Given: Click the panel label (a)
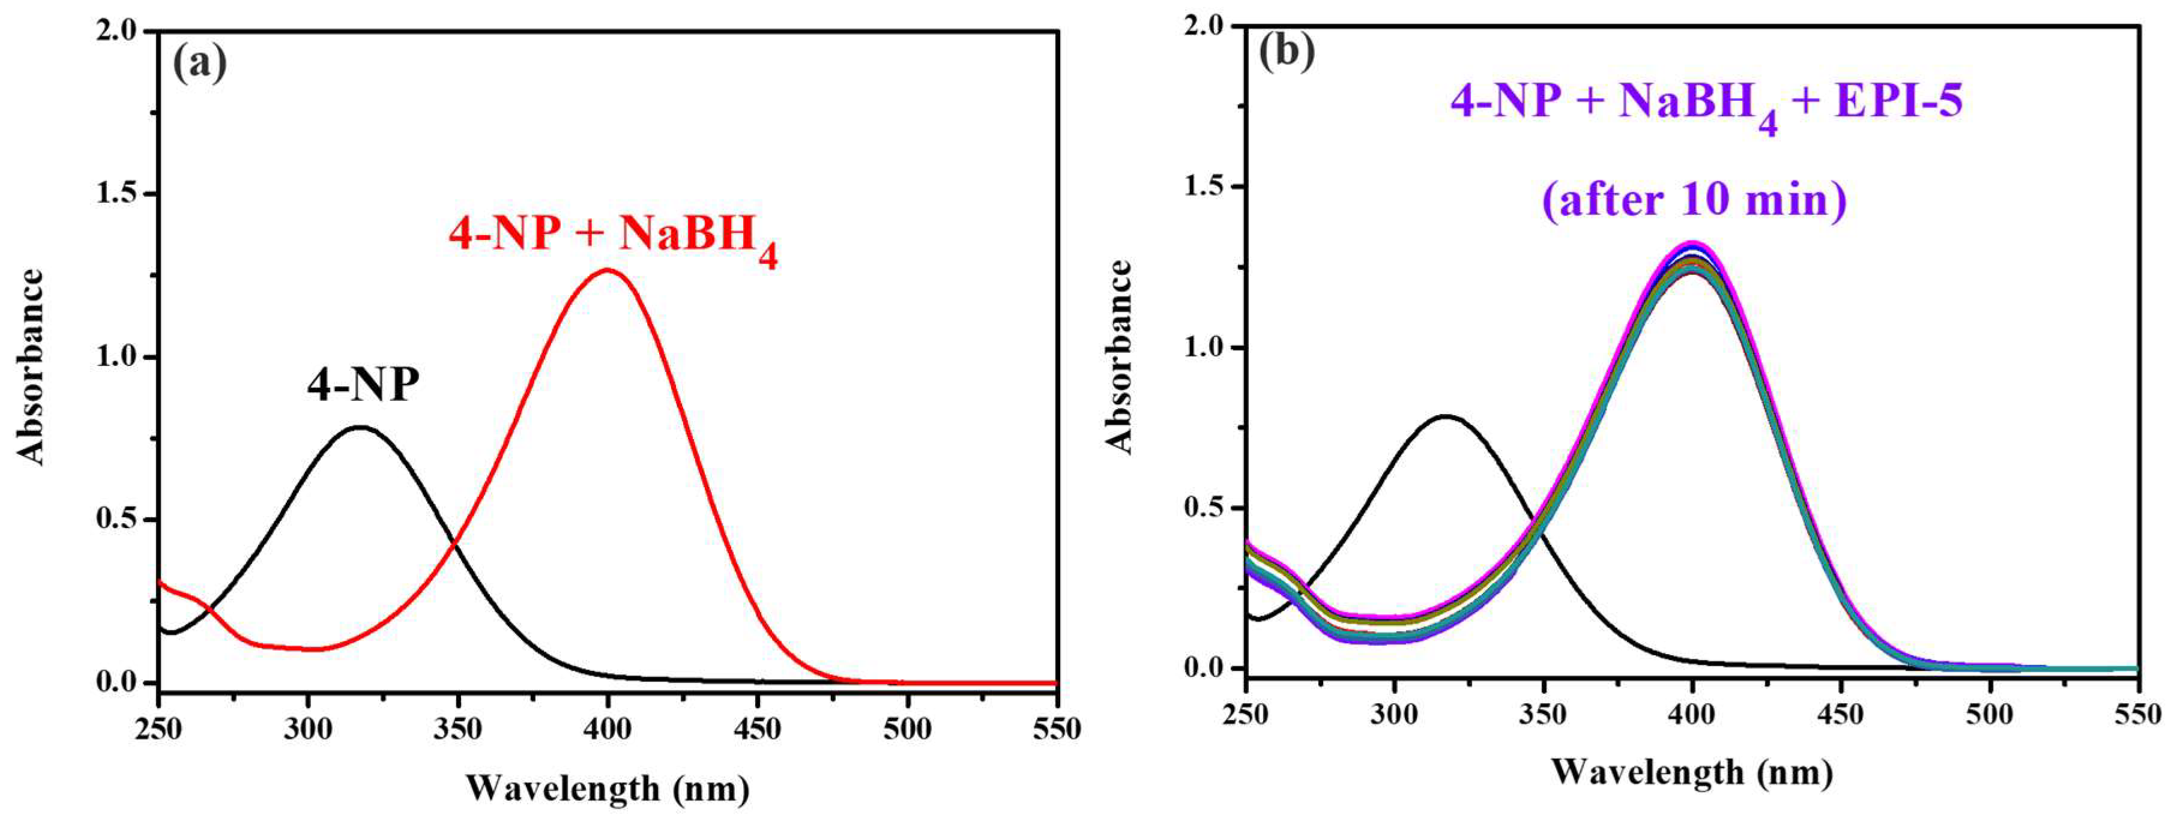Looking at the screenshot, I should [x=200, y=63].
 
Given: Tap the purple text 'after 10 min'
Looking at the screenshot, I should [x=1694, y=200].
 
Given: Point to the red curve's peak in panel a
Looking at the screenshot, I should [x=607, y=271].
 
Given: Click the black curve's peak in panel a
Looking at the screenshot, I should [x=360, y=427].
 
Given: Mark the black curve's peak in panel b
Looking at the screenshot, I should [x=1447, y=416].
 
